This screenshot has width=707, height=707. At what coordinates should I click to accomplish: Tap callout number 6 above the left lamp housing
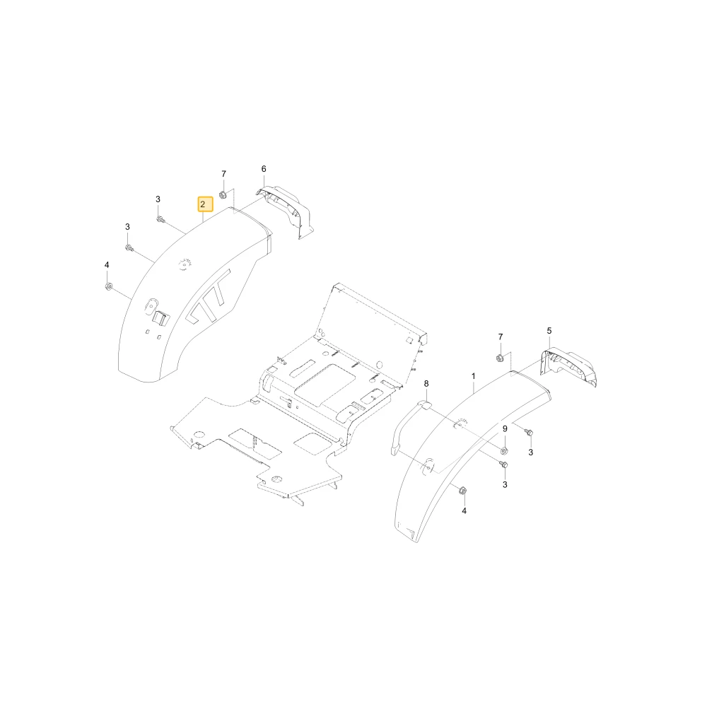coord(264,169)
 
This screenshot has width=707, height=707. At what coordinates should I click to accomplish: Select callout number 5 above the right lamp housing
coord(549,330)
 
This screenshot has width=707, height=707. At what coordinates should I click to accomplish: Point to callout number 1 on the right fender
coord(474,376)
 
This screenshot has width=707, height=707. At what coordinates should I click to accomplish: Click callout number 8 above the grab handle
coord(426,384)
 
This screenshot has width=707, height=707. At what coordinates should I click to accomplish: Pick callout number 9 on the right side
coord(505,429)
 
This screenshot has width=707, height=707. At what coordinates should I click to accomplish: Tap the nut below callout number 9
coord(505,450)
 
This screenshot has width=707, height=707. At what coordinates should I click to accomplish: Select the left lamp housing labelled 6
coord(284,210)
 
